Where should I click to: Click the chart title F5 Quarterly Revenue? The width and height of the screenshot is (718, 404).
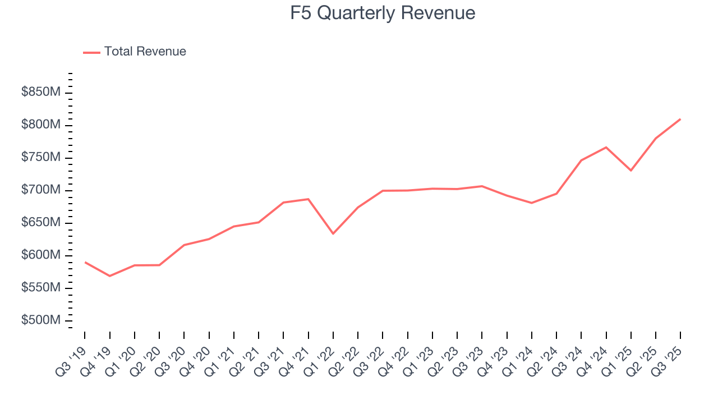383,13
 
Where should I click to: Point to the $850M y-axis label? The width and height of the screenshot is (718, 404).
41,92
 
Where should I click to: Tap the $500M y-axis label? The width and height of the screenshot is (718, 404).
41,320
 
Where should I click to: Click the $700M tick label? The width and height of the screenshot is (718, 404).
41,190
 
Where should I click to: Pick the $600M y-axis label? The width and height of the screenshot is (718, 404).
41,255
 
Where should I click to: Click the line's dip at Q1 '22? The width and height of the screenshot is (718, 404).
333,233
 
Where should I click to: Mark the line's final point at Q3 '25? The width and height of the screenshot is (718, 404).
680,119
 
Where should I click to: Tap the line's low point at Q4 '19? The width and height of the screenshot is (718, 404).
109,276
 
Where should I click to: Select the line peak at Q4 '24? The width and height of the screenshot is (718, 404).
606,147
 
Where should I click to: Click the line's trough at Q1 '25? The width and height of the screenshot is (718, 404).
631,171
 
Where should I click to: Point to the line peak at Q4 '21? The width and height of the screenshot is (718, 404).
308,199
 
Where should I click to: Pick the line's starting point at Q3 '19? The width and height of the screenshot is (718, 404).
85,262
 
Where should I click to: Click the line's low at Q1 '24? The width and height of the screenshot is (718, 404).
531,203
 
